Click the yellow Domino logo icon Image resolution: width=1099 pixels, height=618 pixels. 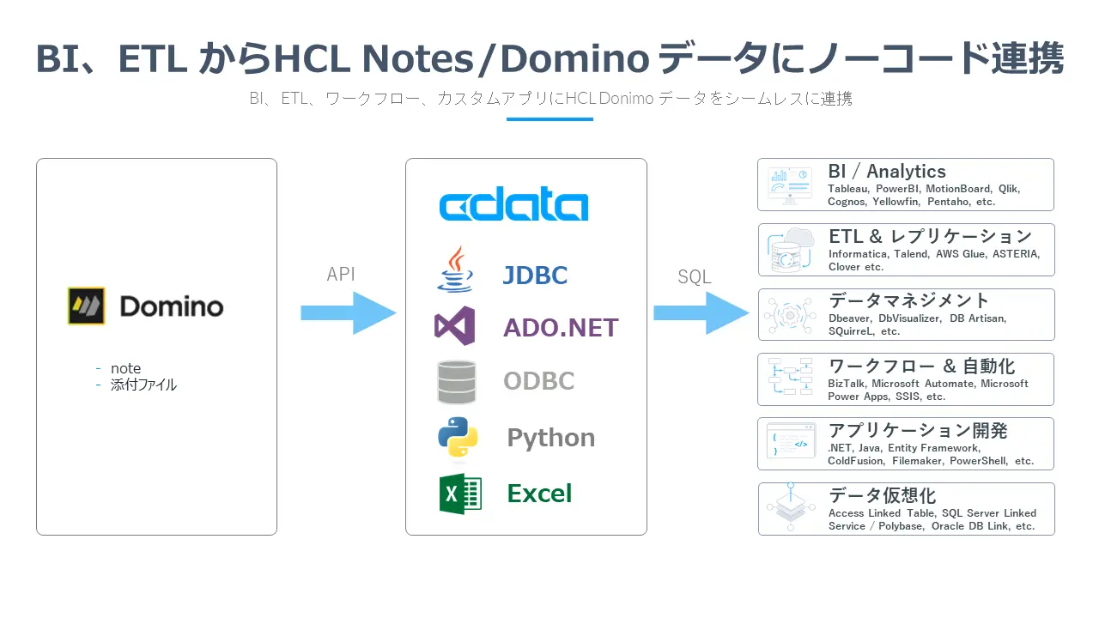tap(87, 306)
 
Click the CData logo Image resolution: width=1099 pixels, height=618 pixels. tap(513, 206)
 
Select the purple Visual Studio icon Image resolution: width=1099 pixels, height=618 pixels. tap(455, 326)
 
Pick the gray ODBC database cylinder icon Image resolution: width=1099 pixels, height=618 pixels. tap(456, 382)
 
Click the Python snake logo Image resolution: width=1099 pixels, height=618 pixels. tap(458, 437)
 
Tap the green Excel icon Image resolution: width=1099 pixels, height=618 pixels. tap(460, 494)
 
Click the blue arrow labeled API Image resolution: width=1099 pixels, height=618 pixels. tap(348, 312)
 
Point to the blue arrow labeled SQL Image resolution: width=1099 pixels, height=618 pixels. tap(701, 312)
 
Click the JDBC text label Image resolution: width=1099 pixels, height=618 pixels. tap(535, 276)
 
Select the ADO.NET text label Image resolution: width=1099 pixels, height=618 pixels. tap(561, 327)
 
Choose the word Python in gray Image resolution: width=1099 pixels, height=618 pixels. tap(550, 438)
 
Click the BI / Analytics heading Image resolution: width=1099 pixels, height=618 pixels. tap(886, 172)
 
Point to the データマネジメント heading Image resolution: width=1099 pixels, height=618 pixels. tap(908, 301)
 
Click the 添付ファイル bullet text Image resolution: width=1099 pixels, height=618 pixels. tap(143, 385)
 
